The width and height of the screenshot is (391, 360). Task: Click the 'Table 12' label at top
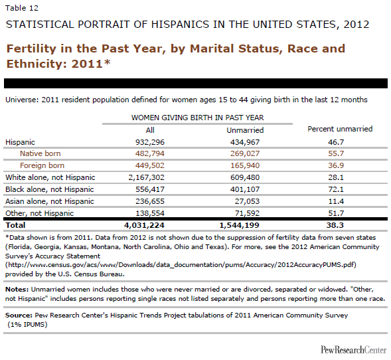(22, 8)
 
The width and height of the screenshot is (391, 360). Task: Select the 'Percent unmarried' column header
(340, 129)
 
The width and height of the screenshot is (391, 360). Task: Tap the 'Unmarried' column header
(245, 130)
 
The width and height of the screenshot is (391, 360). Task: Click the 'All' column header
(150, 130)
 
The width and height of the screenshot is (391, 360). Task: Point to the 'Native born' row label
(40, 153)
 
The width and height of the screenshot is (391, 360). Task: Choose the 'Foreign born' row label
(42, 165)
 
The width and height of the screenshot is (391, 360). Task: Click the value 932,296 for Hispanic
(150, 142)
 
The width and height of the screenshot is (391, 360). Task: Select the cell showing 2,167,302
(146, 177)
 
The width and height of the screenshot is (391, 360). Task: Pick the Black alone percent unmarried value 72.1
(336, 189)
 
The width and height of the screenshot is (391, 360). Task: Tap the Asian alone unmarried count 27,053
(247, 201)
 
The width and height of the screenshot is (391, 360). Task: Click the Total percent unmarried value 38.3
(335, 225)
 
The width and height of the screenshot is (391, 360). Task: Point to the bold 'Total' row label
(15, 225)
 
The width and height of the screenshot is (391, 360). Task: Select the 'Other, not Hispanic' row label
(40, 213)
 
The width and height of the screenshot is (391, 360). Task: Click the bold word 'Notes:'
(17, 290)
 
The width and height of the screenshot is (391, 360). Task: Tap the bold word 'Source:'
(19, 315)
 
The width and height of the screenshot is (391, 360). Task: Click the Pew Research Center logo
(354, 349)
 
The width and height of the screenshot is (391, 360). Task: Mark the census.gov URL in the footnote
(181, 265)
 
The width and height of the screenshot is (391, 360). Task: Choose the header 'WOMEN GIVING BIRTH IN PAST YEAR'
(198, 118)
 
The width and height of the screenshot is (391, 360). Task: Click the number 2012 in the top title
(356, 25)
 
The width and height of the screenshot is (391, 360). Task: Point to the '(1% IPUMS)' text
(27, 325)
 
